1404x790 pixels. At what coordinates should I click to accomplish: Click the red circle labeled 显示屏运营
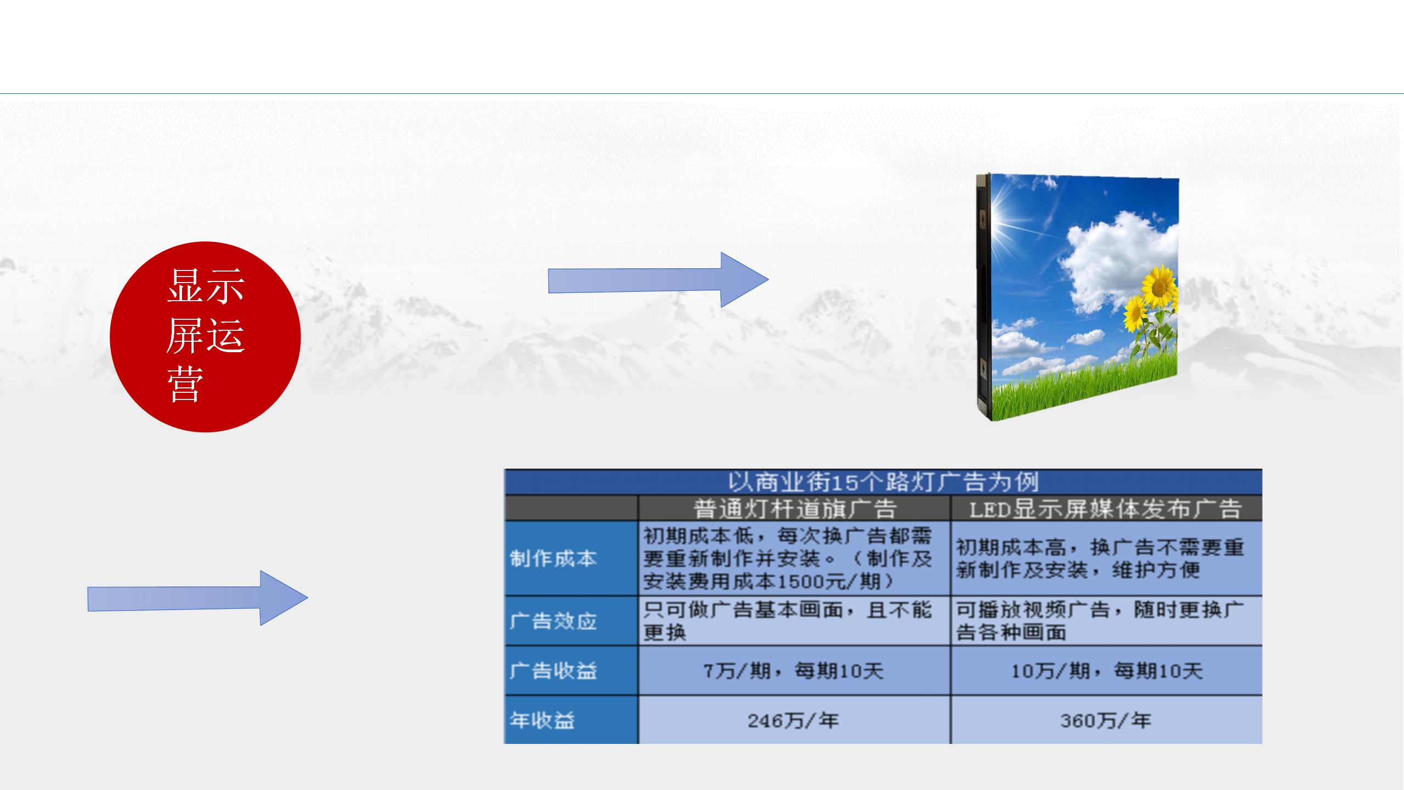coord(205,337)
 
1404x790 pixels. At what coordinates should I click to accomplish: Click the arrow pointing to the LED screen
coord(658,280)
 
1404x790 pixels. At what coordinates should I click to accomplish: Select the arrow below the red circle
coord(197,598)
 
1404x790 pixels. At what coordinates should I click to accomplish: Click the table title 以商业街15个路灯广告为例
coord(883,482)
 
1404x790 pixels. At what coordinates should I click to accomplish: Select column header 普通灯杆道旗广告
coord(794,509)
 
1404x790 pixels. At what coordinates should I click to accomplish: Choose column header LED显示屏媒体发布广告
coord(1105,509)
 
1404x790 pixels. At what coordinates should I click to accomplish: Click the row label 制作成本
coord(553,558)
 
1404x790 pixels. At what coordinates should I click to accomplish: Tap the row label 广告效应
coord(553,621)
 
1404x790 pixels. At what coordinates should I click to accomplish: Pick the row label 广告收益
coord(553,670)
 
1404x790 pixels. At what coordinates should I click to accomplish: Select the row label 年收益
coord(542,720)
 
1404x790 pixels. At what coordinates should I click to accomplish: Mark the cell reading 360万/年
coord(1105,720)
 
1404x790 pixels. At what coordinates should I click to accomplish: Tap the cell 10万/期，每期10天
coord(1106,670)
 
